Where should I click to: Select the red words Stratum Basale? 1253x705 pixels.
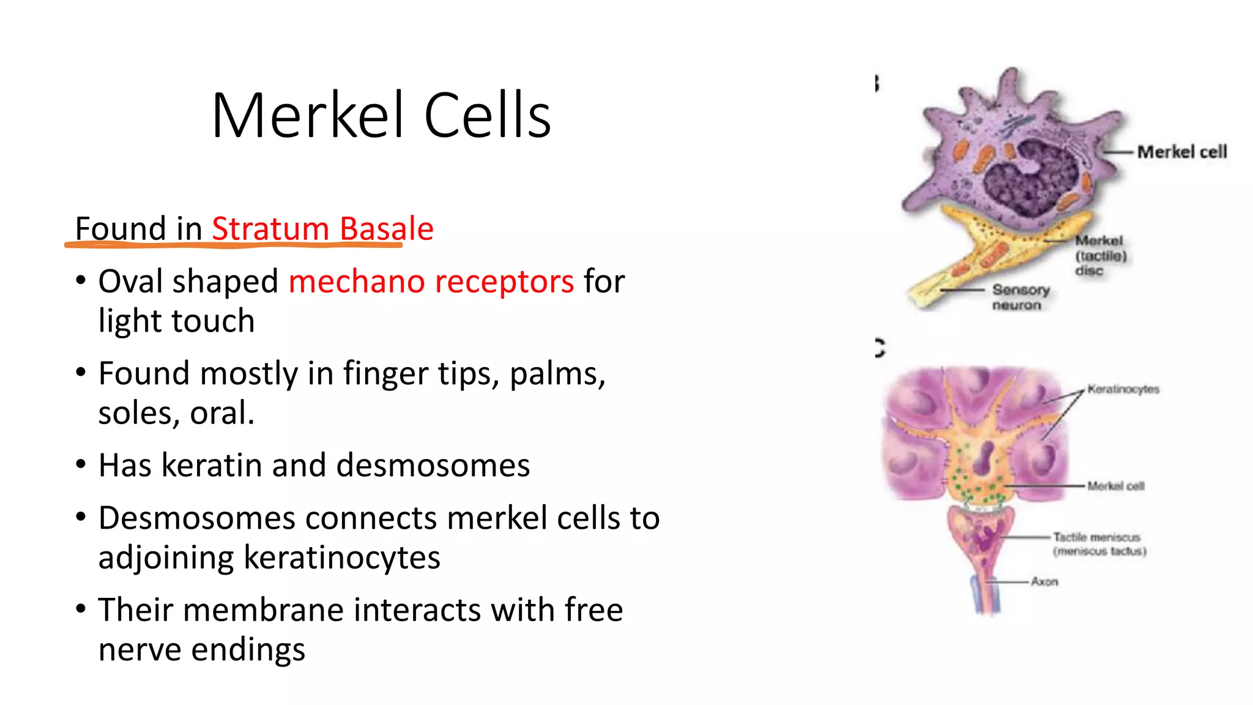pyautogui.click(x=322, y=229)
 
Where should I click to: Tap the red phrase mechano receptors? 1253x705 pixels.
pyautogui.click(x=431, y=282)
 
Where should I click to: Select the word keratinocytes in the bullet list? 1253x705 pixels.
pyautogui.click(x=341, y=558)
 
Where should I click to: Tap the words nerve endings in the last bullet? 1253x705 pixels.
pyautogui.click(x=201, y=649)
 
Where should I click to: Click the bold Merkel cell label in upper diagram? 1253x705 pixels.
pyautogui.click(x=1181, y=152)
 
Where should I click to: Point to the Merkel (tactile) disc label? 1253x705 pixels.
pyautogui.click(x=1100, y=255)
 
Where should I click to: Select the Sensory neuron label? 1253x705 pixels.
pyautogui.click(x=1020, y=297)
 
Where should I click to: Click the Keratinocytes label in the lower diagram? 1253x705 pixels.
pyautogui.click(x=1123, y=389)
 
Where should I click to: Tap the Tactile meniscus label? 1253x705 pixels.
pyautogui.click(x=1099, y=543)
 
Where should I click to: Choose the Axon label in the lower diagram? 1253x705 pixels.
pyautogui.click(x=1044, y=581)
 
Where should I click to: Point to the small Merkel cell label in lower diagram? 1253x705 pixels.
pyautogui.click(x=1115, y=486)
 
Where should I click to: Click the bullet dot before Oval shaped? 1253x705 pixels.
pyautogui.click(x=81, y=281)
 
